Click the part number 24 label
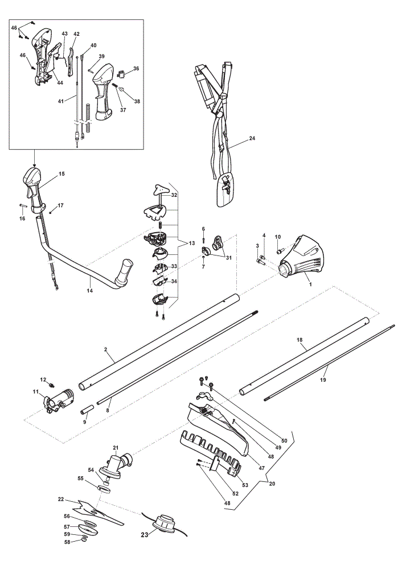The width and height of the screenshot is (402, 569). tap(252, 138)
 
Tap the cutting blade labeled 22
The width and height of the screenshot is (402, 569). tap(98, 512)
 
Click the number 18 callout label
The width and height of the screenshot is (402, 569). tap(300, 340)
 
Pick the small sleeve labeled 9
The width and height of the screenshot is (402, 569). tap(87, 413)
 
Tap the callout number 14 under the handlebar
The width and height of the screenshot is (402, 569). tap(90, 291)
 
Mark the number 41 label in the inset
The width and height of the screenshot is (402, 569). tap(61, 101)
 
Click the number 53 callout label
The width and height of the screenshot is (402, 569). tap(245, 485)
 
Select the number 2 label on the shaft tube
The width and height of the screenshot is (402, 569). tap(106, 349)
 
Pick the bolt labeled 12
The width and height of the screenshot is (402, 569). tap(52, 384)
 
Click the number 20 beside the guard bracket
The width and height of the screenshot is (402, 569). tap(272, 483)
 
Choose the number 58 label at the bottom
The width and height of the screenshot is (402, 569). tap(67, 542)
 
